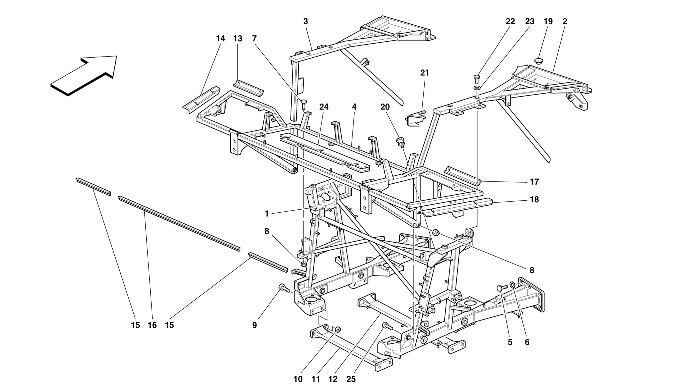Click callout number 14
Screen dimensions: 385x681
[x=220, y=39]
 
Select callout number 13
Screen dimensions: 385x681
[x=238, y=39]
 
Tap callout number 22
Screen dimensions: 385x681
[x=510, y=22]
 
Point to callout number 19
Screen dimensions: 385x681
[x=548, y=22]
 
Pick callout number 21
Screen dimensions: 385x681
[x=425, y=73]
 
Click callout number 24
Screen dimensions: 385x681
[x=324, y=107]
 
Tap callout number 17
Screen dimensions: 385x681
[x=534, y=182]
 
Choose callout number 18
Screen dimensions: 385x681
[x=534, y=200]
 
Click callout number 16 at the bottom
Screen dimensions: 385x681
[x=152, y=325]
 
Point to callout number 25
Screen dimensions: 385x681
[x=351, y=379]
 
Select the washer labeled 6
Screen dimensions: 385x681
[x=513, y=285]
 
